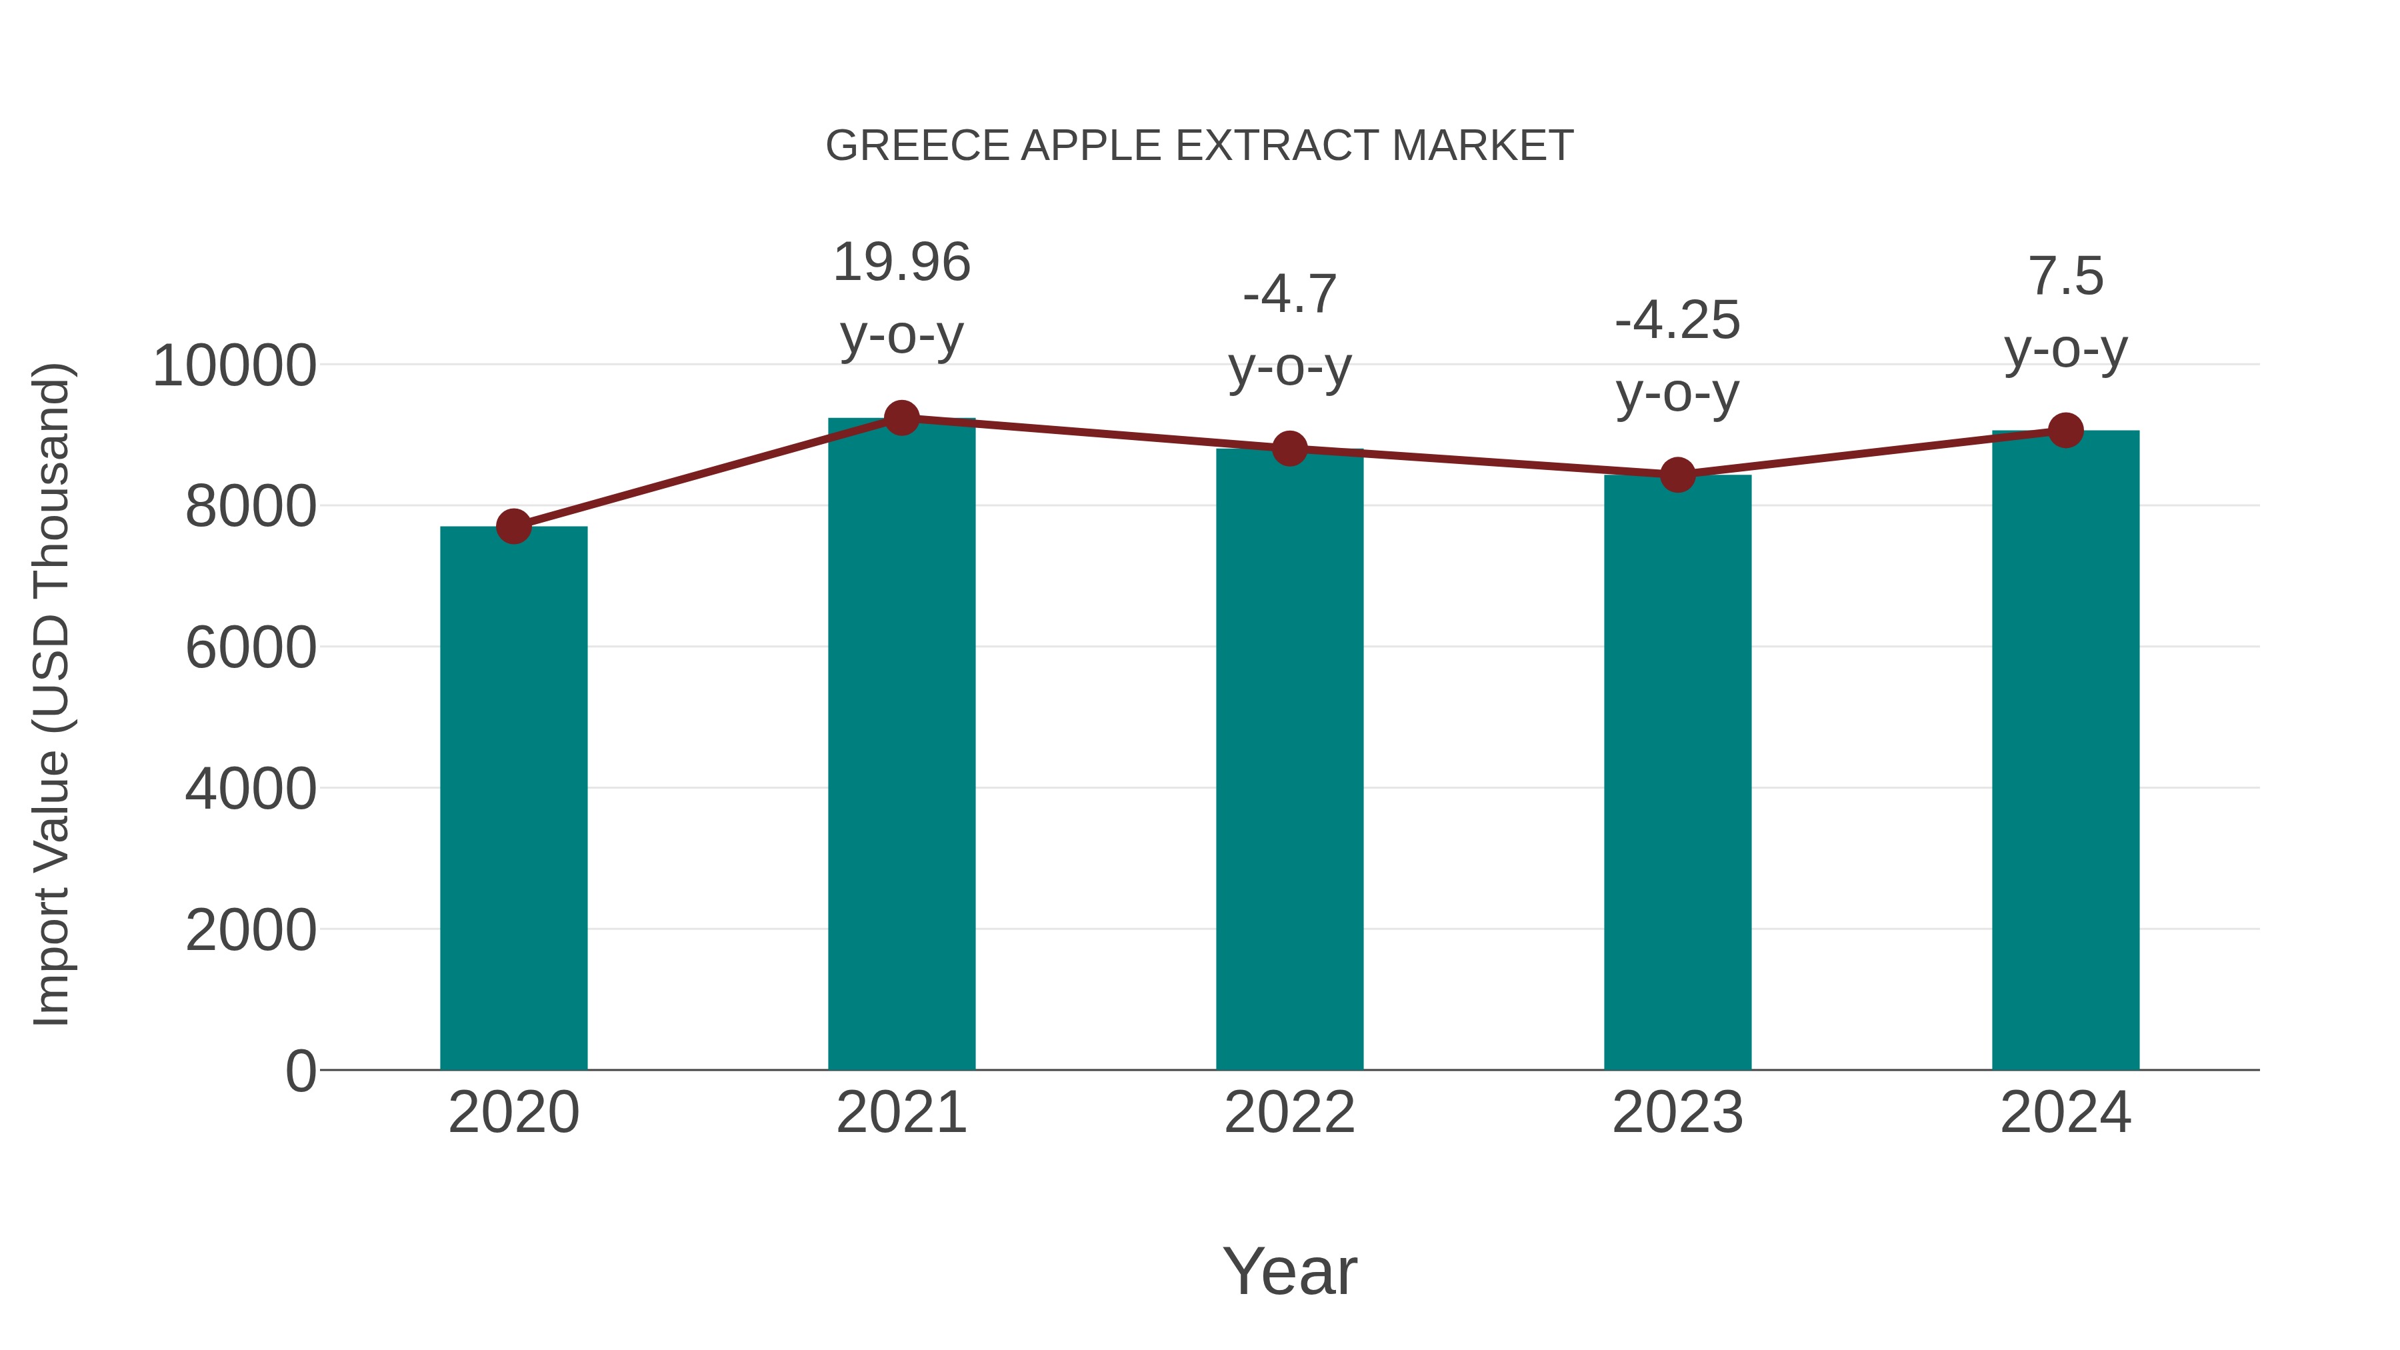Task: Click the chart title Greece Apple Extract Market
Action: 1199,146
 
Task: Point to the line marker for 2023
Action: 1677,475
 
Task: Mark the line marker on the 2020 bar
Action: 513,527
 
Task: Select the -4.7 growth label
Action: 1289,295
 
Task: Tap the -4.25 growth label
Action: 1677,321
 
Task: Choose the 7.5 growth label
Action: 2065,277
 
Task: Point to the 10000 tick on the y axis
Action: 235,365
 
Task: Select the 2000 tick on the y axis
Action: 251,930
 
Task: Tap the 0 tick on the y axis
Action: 301,1071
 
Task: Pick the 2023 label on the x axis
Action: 1677,1113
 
